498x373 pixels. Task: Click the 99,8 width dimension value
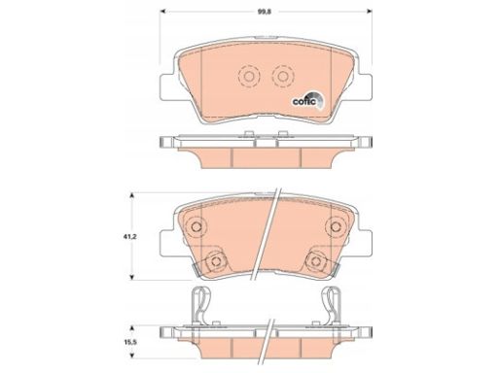pos(265,12)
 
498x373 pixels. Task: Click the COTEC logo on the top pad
pos(307,100)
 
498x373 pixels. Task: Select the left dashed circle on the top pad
pos(249,77)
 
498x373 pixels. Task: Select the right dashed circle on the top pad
pos(283,77)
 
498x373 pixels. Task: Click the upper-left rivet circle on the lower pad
pos(196,226)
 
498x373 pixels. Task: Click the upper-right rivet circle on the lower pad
pos(336,226)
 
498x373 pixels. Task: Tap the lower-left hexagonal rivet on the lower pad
pos(215,260)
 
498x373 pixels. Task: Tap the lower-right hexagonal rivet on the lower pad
pos(315,260)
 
